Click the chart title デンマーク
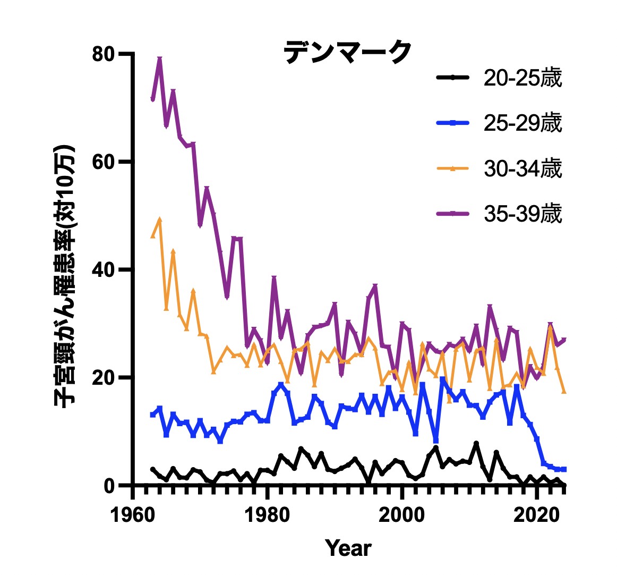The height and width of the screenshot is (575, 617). [x=348, y=52]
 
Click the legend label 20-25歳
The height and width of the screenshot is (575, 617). [x=522, y=78]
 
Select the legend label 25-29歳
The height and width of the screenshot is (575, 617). [x=522, y=123]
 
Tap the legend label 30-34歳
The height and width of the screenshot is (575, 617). [x=522, y=168]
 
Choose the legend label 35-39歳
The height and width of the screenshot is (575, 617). [x=522, y=214]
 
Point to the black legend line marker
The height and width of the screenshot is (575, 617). [x=452, y=78]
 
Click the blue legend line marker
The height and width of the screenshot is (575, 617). [x=452, y=123]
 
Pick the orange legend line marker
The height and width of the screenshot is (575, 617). [x=452, y=168]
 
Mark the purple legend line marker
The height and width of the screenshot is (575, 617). [x=452, y=214]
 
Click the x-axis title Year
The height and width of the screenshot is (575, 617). [x=348, y=548]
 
